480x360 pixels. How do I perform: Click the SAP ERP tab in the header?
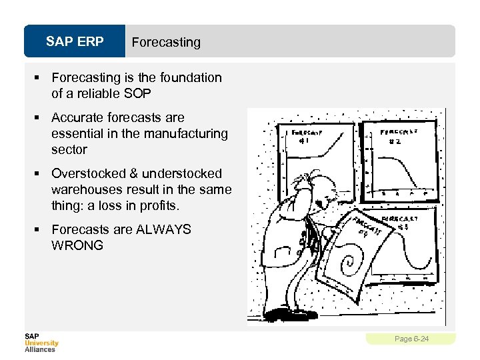point(75,42)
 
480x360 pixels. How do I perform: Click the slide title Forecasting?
point(166,42)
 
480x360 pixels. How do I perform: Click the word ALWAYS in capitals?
point(163,229)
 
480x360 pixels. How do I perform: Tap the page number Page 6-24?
point(411,339)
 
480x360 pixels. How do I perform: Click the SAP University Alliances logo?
point(41,342)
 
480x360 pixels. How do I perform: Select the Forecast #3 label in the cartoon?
point(399,222)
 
